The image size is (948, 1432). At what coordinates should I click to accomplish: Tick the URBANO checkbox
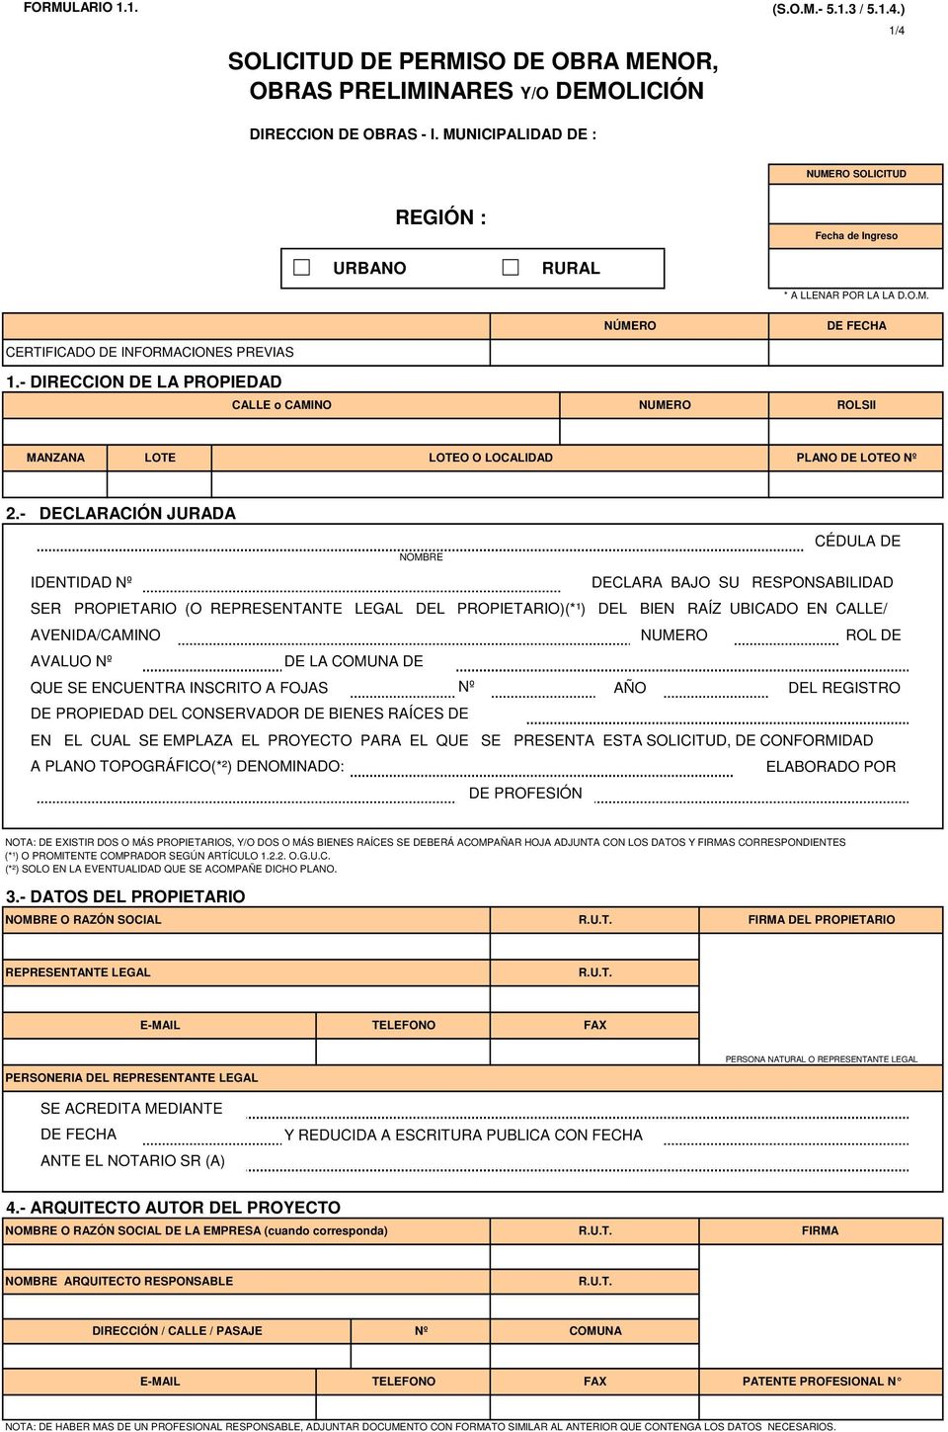(x=302, y=268)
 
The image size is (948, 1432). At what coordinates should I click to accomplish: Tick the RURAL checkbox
(x=511, y=268)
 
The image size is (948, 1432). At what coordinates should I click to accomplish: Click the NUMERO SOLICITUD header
(x=856, y=174)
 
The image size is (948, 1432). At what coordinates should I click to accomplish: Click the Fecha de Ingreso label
(x=856, y=236)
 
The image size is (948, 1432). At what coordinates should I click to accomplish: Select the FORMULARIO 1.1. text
(x=81, y=8)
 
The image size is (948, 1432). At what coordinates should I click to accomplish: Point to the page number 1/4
(x=897, y=31)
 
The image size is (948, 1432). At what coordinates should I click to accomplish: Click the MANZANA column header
(x=55, y=458)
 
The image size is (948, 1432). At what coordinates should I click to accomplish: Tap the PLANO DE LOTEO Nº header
(x=856, y=458)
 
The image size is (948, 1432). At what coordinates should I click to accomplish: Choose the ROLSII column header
(x=856, y=405)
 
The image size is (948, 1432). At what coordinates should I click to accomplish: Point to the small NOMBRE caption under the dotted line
(x=421, y=557)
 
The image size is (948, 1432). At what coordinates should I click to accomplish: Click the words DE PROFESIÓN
(x=525, y=794)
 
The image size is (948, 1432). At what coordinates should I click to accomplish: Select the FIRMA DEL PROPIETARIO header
(x=822, y=920)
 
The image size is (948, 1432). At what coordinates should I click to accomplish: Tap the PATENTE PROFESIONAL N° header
(x=822, y=1382)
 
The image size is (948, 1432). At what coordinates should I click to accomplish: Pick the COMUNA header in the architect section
(x=595, y=1331)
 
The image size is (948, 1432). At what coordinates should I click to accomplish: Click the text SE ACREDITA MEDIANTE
(x=131, y=1109)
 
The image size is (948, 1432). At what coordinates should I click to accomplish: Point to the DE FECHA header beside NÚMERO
(x=856, y=326)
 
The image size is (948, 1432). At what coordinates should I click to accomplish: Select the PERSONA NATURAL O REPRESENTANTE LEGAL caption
(x=822, y=1059)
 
